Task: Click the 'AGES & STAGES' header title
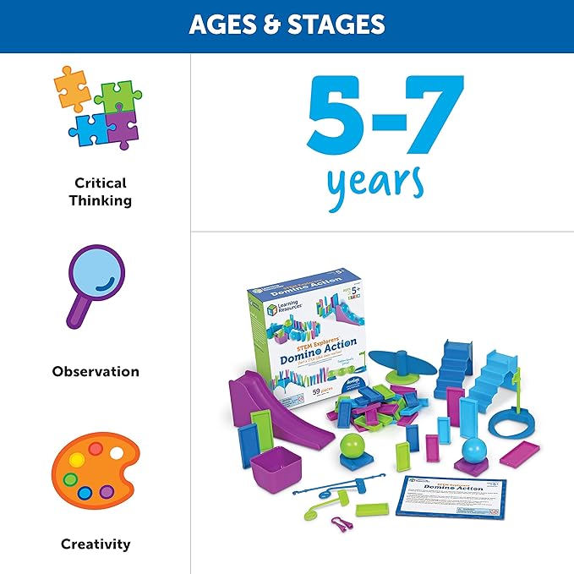287,25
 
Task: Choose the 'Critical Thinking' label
101,192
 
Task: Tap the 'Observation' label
96,371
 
